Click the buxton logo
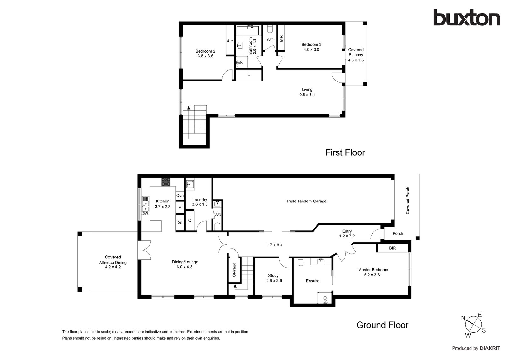tap(467, 18)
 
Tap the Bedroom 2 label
tap(205, 51)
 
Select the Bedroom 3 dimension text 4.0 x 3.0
tap(311, 50)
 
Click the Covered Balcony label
tap(356, 52)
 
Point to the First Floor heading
tap(345, 152)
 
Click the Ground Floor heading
tap(382, 325)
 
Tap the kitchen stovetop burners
tap(166, 182)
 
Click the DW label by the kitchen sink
tap(145, 214)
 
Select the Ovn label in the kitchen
tap(180, 195)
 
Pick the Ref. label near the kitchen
tap(180, 222)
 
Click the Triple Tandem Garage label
tap(306, 201)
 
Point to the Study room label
tap(273, 275)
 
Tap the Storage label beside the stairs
tap(234, 270)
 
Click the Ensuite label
tap(313, 281)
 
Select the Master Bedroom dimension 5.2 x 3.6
tap(372, 275)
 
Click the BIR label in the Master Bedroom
tap(393, 248)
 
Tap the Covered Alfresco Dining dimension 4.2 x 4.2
tap(113, 267)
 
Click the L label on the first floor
tap(248, 74)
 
